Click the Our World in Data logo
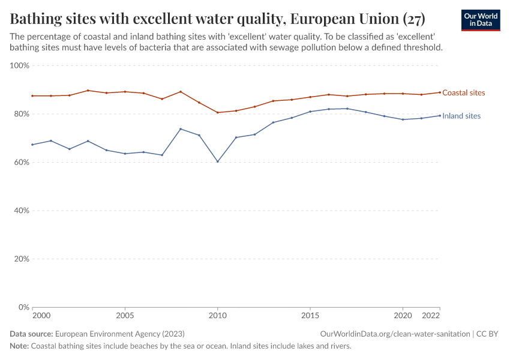[481, 20]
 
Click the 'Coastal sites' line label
[463, 93]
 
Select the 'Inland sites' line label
[461, 116]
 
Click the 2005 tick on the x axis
[125, 316]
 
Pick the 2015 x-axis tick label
[310, 316]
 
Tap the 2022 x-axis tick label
[431, 316]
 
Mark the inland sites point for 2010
[218, 161]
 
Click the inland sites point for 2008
[181, 129]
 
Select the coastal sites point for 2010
[218, 112]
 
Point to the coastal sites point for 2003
[88, 91]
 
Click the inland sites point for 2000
[32, 145]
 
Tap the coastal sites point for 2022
[440, 92]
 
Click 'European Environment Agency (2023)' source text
[120, 334]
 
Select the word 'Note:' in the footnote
[19, 346]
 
